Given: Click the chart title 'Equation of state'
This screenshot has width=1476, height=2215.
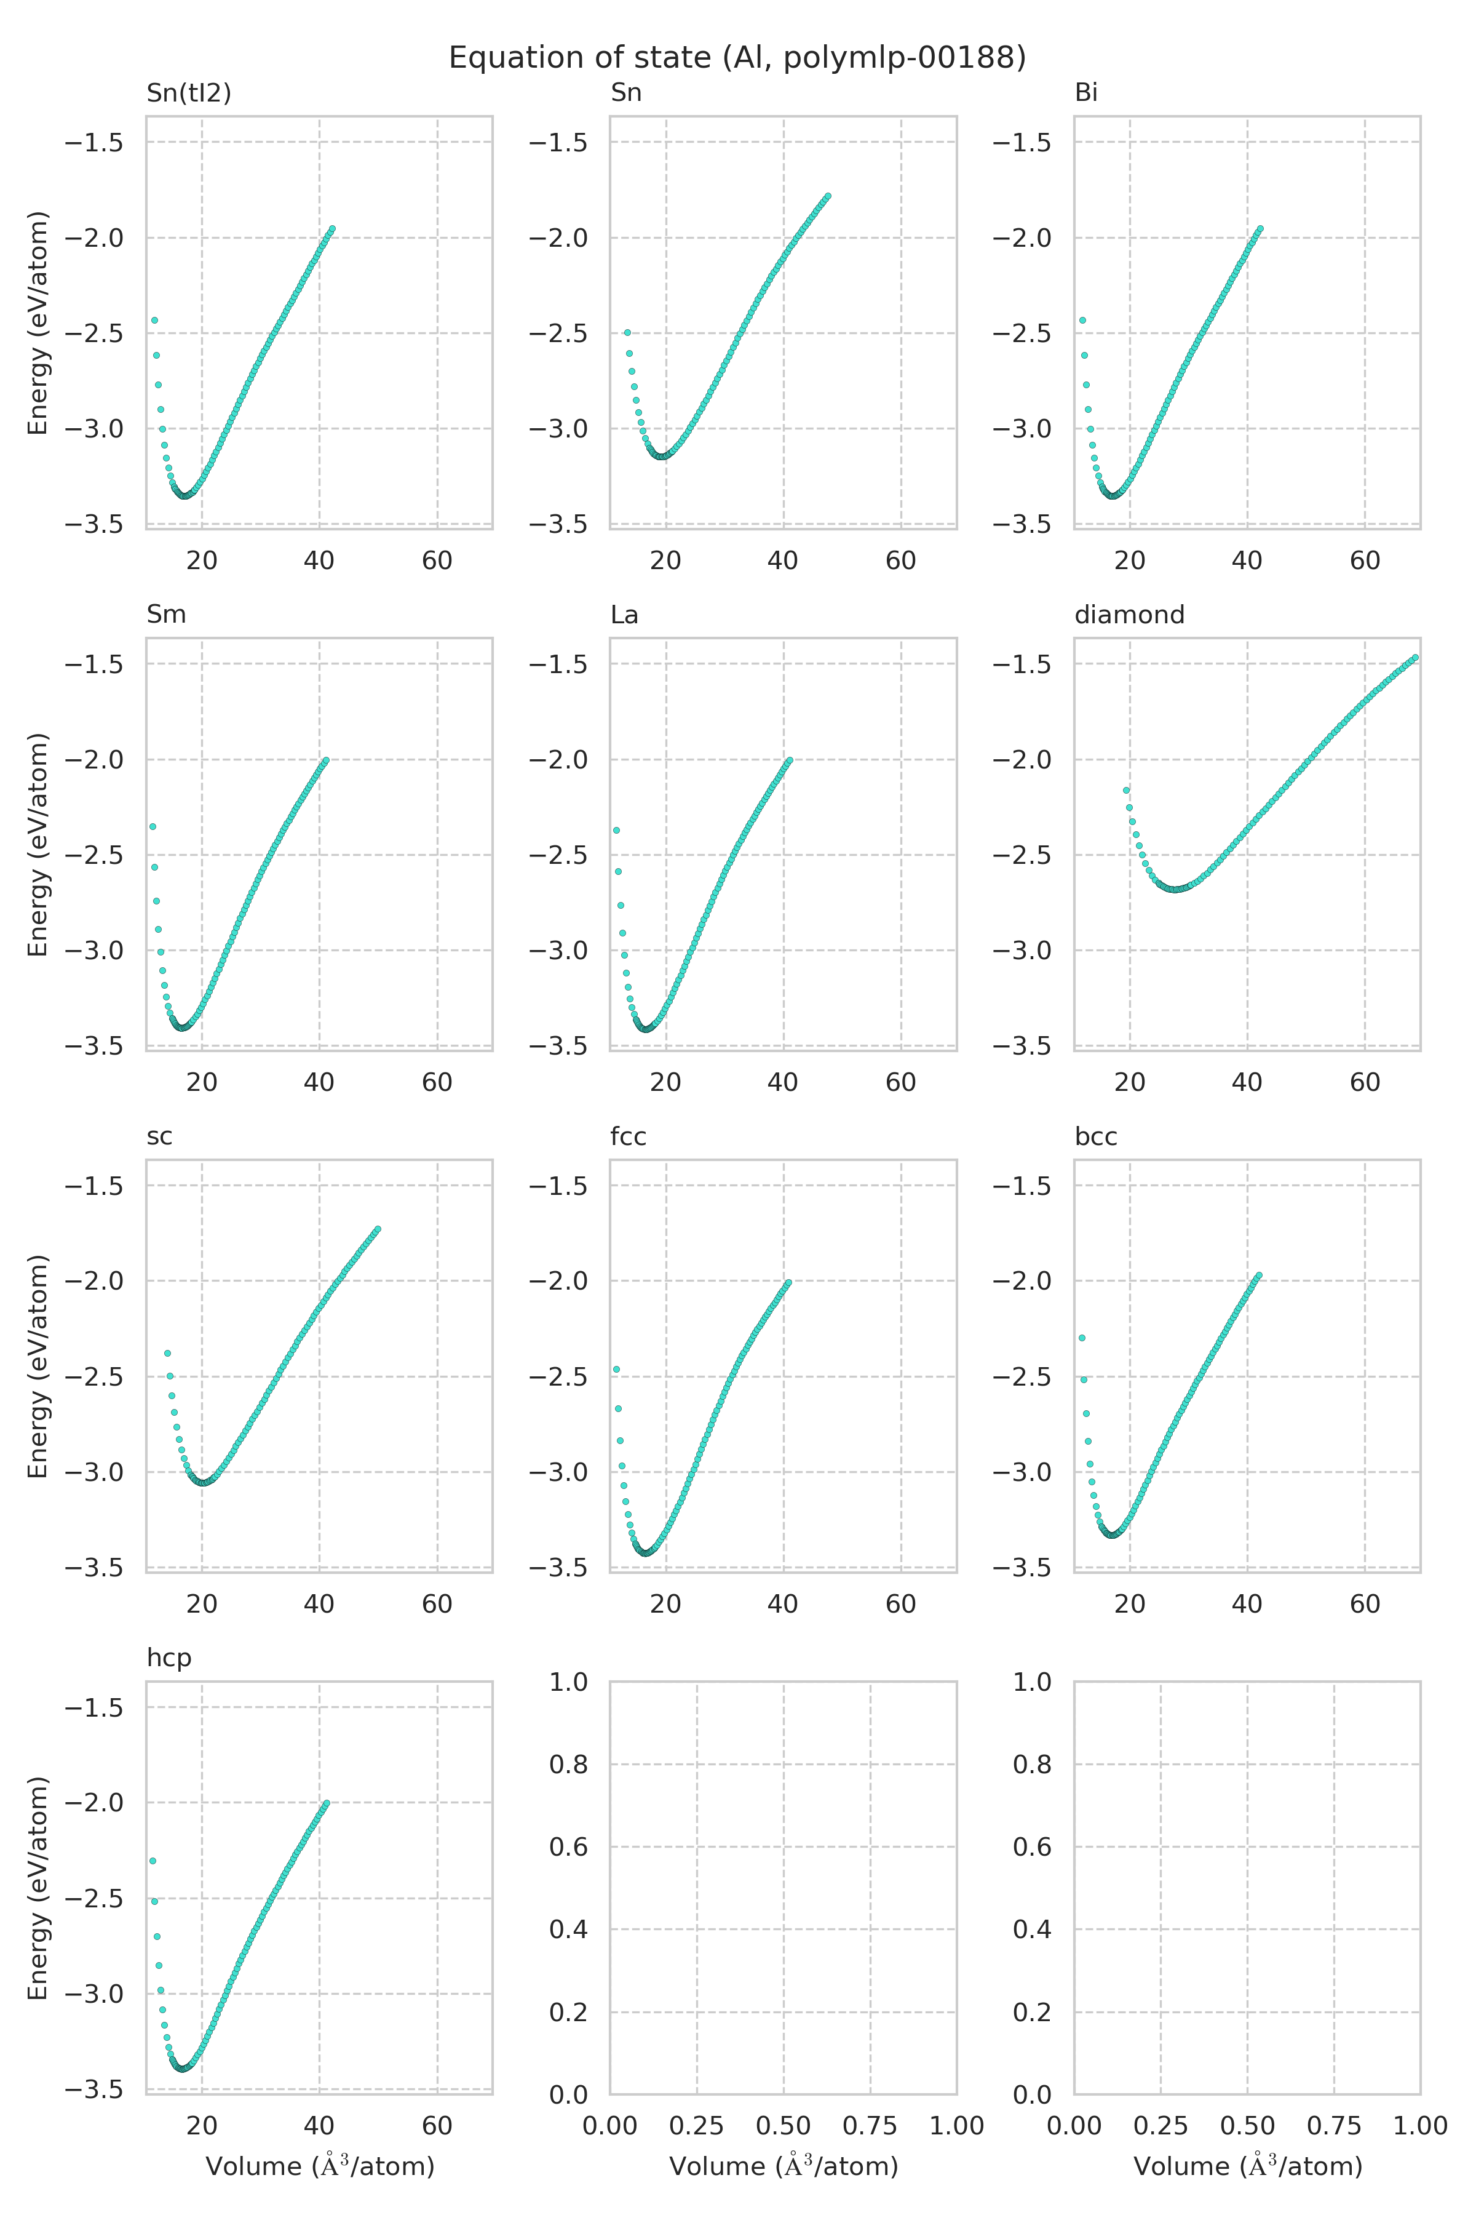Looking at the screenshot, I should click(737, 58).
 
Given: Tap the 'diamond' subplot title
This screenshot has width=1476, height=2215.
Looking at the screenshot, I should click(1129, 615).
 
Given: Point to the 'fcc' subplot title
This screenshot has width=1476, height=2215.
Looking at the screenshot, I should click(628, 1136).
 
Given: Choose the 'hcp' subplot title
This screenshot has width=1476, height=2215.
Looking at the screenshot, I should click(169, 1658).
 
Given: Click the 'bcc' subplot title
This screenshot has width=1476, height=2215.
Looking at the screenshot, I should click(1096, 1136).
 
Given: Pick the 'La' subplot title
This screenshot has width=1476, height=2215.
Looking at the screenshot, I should click(624, 615).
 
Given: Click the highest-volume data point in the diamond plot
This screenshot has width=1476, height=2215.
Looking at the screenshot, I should click(1415, 658).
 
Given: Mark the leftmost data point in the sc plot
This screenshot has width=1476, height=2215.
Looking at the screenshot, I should click(167, 1353).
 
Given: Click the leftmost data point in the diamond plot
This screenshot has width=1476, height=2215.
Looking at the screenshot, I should click(1126, 790).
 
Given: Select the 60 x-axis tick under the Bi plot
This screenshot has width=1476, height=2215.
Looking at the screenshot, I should click(1365, 561).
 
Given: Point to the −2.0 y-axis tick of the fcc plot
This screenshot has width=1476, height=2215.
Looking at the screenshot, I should click(558, 1281).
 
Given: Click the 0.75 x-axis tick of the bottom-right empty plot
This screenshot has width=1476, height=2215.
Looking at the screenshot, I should click(1334, 2126).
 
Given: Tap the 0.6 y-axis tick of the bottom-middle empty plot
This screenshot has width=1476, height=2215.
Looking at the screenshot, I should click(568, 1847).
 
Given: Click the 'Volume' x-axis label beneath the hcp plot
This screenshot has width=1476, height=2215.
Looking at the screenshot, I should click(320, 2167).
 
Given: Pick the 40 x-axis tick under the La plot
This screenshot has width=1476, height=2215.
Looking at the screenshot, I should click(783, 1083).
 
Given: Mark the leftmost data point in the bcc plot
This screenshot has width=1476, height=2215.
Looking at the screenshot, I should click(1082, 1337).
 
